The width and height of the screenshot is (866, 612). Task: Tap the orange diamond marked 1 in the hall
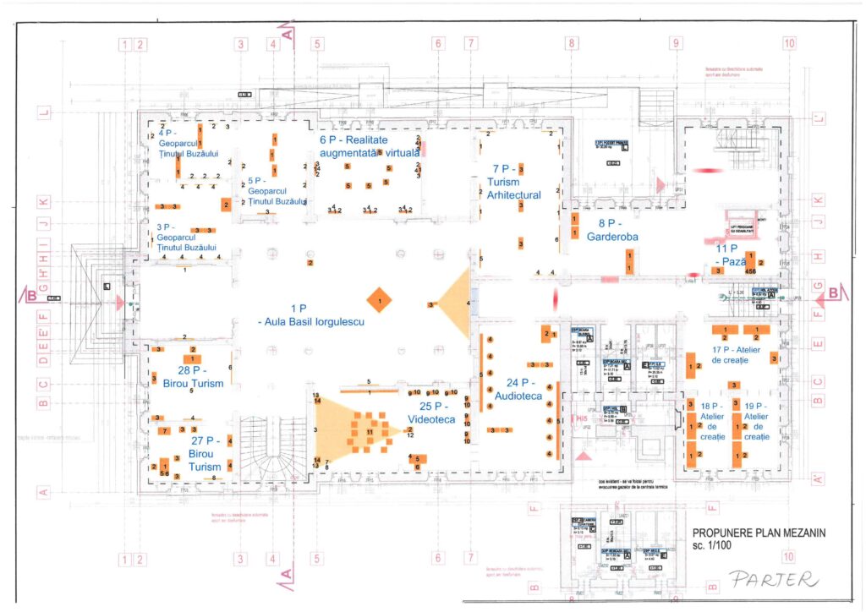[380, 300]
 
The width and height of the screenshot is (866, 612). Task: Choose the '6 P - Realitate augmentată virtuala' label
[369, 146]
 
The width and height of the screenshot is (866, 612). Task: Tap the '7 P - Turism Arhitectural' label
[513, 182]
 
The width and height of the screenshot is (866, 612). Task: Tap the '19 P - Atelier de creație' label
[756, 422]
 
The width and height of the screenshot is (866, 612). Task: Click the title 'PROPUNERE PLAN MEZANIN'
[758, 533]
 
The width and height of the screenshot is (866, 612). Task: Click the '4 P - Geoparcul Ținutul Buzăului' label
[188, 143]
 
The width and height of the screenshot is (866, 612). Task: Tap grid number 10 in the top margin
[789, 43]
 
